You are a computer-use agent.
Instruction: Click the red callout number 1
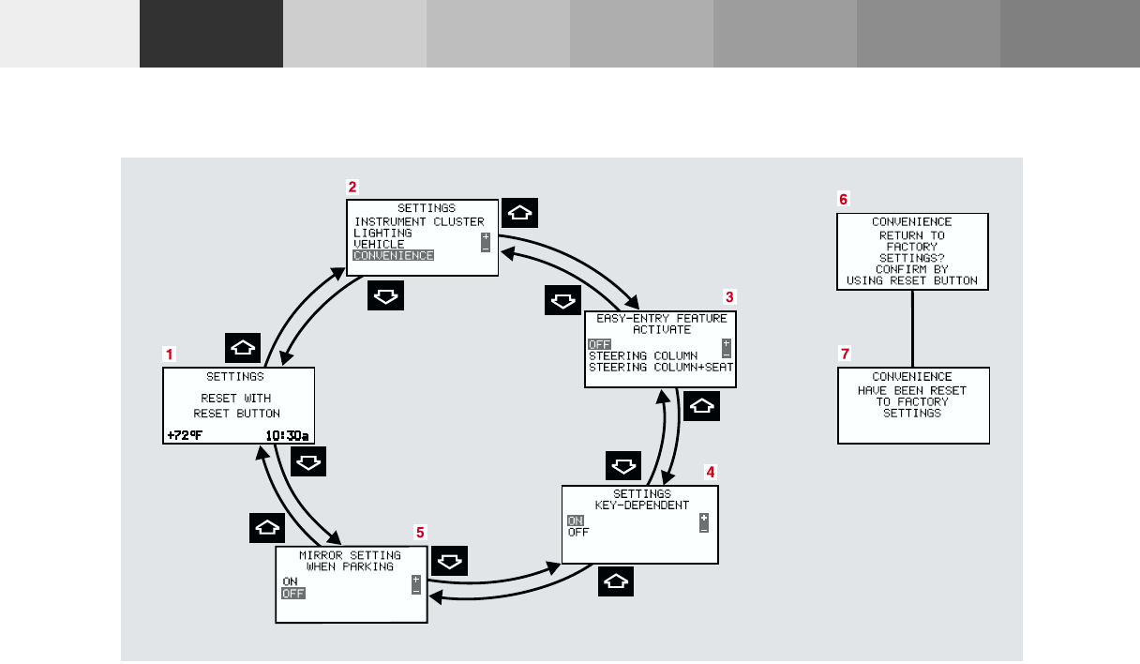click(x=169, y=355)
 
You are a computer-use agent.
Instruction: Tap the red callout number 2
click(x=352, y=187)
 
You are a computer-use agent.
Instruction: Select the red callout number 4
click(x=710, y=472)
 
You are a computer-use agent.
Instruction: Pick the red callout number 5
click(x=421, y=532)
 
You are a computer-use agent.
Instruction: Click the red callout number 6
click(x=843, y=200)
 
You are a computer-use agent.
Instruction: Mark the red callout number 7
click(x=845, y=354)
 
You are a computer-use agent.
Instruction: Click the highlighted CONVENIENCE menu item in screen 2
click(x=393, y=255)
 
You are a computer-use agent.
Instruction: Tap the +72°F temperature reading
click(x=186, y=435)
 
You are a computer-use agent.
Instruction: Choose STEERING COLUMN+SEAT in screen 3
click(x=660, y=368)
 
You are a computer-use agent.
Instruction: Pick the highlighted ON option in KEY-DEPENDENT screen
click(x=575, y=521)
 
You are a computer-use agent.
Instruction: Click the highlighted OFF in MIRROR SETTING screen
click(x=293, y=593)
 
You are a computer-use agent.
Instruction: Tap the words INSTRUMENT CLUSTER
click(x=419, y=222)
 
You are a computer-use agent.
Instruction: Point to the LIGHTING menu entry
click(x=382, y=233)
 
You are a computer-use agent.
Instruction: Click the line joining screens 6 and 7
click(x=913, y=327)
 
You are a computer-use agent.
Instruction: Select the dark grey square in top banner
click(x=211, y=34)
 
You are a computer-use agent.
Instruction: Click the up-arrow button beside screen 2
click(x=520, y=213)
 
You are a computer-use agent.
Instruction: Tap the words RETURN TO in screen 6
click(x=912, y=235)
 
